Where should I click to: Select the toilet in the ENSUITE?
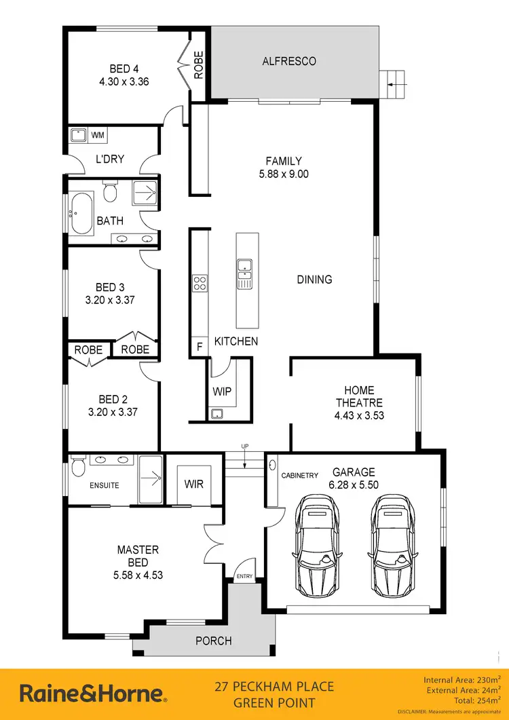77,468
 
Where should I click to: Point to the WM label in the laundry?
98,136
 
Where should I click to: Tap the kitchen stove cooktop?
200,283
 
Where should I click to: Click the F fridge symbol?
200,347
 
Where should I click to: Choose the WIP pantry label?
222,392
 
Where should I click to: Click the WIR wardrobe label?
194,485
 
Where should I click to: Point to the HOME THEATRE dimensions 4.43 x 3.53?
359,415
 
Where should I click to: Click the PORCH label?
213,641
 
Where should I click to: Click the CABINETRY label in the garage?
299,476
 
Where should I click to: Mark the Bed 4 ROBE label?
199,66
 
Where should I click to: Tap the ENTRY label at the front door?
243,576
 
